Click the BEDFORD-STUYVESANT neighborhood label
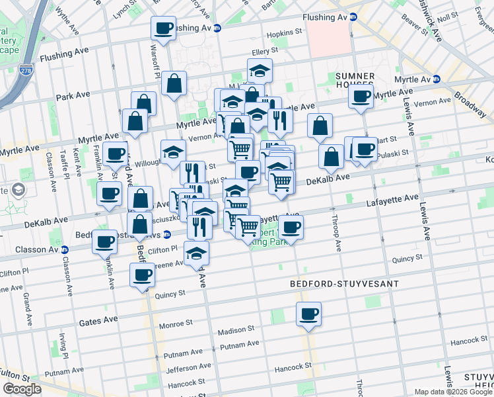point(345,283)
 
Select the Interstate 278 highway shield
point(25,68)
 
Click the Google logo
point(22,389)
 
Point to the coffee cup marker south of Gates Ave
point(308,314)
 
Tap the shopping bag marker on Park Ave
point(174,84)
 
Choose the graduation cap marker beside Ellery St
point(260,71)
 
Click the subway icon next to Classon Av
point(64,250)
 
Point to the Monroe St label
point(175,325)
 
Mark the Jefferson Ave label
point(188,369)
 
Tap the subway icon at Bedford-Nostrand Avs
point(167,234)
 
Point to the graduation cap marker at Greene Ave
point(197,253)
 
